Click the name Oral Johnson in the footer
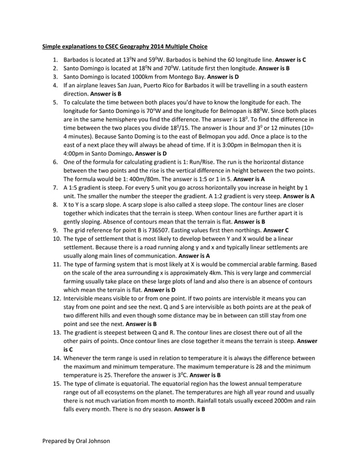[x=91, y=441]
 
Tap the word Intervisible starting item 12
[x=81, y=298]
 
